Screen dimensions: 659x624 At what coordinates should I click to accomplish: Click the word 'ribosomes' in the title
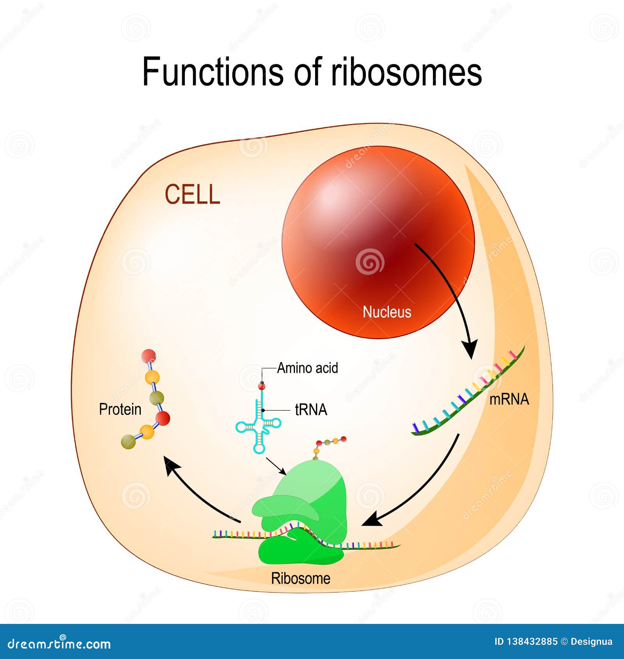[406, 72]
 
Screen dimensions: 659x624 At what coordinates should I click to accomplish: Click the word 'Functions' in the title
[213, 72]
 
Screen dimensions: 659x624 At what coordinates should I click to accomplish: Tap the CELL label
[192, 195]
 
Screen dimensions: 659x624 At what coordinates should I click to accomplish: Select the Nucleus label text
[387, 312]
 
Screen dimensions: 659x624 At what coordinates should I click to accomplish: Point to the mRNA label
[509, 399]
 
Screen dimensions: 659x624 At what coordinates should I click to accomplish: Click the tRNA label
[311, 410]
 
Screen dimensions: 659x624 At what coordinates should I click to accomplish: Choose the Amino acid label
[307, 368]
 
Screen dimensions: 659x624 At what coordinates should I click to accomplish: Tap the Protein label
[120, 409]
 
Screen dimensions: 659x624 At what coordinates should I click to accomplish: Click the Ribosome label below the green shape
[300, 578]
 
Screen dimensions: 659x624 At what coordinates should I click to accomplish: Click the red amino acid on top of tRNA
[262, 386]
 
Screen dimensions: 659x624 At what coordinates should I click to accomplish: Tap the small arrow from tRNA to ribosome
[277, 466]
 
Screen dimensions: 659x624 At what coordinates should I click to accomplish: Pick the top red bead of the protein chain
[149, 356]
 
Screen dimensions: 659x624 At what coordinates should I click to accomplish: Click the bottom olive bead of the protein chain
[128, 442]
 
